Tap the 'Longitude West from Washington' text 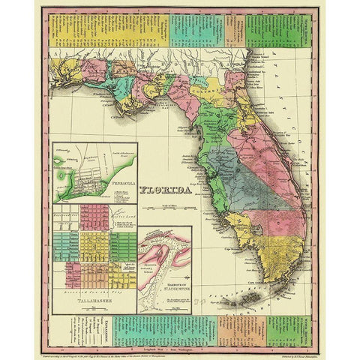(180, 343)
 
